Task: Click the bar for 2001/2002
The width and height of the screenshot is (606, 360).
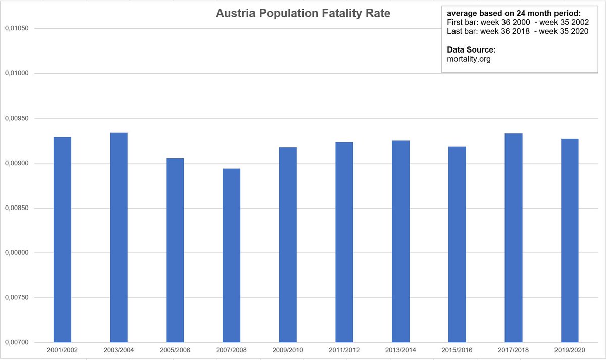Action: click(x=62, y=239)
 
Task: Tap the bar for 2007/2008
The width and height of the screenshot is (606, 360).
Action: click(x=231, y=255)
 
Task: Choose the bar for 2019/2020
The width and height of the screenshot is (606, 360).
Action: click(x=570, y=240)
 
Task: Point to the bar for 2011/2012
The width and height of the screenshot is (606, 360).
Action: click(x=344, y=242)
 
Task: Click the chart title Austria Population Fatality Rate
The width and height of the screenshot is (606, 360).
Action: click(x=303, y=14)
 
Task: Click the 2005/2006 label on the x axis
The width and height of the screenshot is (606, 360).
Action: click(x=175, y=350)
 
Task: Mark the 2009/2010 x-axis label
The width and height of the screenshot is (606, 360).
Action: click(x=288, y=350)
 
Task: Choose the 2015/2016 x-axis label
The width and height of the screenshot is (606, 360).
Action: click(x=457, y=350)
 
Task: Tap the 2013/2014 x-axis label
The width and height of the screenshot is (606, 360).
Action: click(x=400, y=350)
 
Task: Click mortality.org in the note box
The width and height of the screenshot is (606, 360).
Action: click(x=469, y=59)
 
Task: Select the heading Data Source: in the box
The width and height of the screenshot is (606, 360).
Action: click(x=472, y=50)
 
